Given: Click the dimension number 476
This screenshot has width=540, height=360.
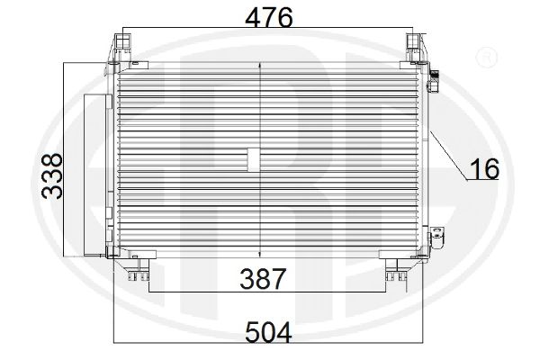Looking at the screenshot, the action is click(x=269, y=17).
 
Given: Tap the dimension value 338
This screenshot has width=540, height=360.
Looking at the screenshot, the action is click(x=52, y=176).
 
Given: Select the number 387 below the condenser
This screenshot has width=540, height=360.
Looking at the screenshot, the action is click(x=263, y=279).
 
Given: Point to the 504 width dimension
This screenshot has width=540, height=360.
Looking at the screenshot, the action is click(x=268, y=332).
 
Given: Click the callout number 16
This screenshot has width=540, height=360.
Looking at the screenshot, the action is click(x=484, y=169).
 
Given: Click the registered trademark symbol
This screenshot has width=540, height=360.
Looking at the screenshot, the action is click(x=486, y=58).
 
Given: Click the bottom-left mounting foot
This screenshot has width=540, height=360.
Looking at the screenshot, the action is click(x=138, y=270).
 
